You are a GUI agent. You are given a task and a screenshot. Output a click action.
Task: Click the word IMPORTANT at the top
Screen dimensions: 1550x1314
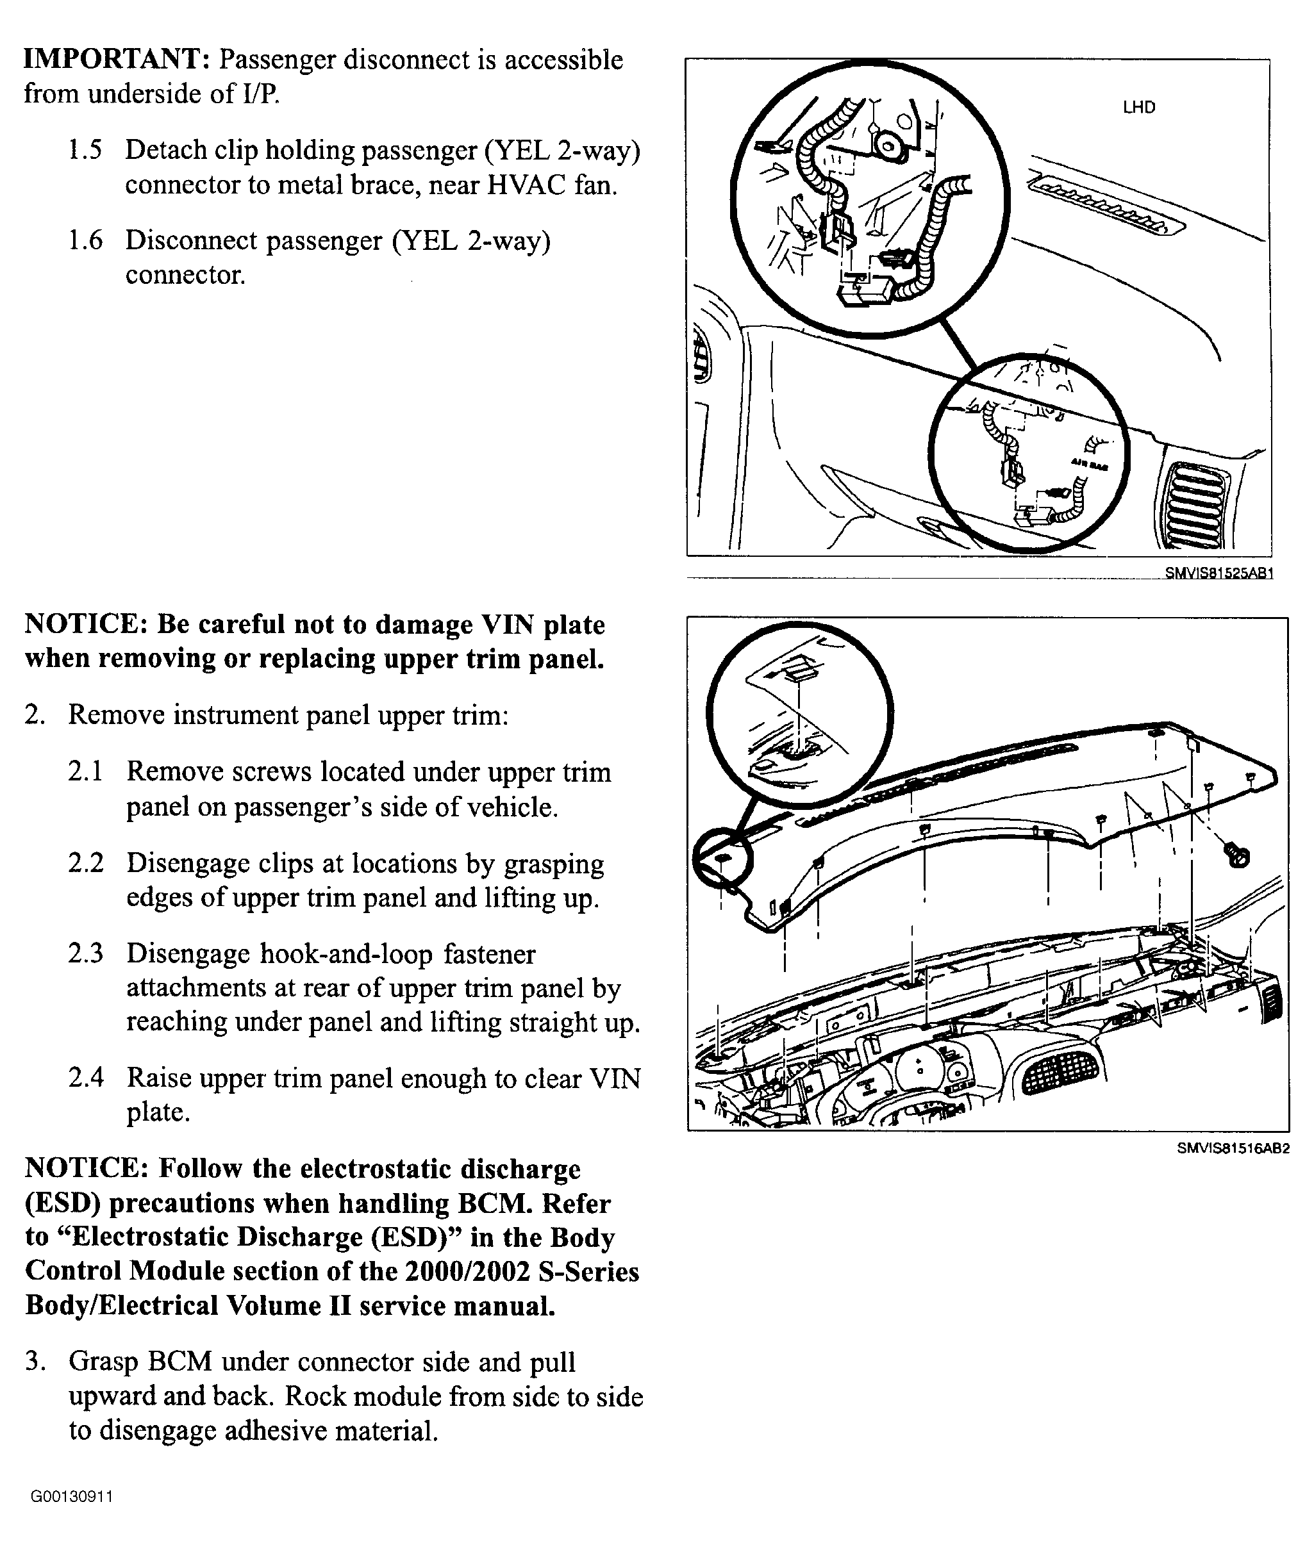click(x=116, y=60)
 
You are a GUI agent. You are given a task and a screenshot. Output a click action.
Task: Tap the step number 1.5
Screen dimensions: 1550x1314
click(x=85, y=151)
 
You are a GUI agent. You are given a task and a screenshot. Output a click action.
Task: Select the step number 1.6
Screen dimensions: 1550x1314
click(x=85, y=240)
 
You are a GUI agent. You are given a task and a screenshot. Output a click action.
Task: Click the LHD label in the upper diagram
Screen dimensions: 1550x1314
click(x=1139, y=107)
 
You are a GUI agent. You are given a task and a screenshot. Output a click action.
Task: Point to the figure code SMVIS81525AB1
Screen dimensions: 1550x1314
click(x=1218, y=574)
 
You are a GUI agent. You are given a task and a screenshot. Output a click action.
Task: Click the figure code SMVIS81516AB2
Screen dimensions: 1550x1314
click(x=1233, y=1149)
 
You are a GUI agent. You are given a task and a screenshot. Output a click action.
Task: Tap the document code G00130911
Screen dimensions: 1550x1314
click(x=72, y=1496)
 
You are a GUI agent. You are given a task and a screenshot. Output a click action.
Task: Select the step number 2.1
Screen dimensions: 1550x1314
click(x=86, y=772)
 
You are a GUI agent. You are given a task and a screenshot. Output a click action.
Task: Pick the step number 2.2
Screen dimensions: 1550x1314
click(x=86, y=864)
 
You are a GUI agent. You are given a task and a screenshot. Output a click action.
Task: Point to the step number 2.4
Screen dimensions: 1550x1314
click(x=86, y=1078)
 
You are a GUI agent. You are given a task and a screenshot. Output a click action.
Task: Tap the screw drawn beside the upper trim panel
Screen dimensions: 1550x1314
click(x=1237, y=856)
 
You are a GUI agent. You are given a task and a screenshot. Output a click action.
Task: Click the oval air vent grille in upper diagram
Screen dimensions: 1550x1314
click(x=1196, y=506)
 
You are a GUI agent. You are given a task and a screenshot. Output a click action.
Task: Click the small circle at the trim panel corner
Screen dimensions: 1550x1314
click(x=722, y=859)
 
